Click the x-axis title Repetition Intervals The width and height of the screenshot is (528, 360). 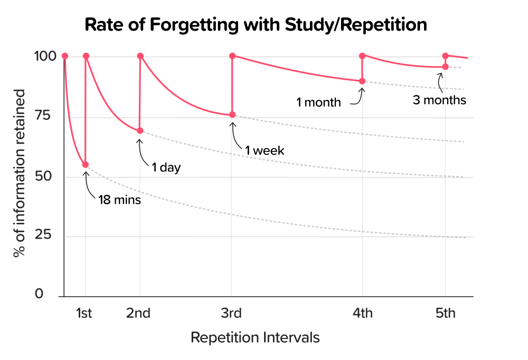(x=255, y=337)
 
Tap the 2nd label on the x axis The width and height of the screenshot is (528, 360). (x=138, y=314)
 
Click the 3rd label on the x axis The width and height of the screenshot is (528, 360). (x=231, y=314)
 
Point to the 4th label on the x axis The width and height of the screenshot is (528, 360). (x=362, y=314)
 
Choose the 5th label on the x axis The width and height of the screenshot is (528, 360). (x=445, y=314)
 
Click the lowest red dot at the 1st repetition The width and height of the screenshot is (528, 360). (x=86, y=165)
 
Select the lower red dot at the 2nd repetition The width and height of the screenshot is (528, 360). (x=140, y=131)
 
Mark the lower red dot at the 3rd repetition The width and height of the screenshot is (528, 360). (x=232, y=115)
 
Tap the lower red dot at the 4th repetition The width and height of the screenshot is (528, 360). (x=362, y=81)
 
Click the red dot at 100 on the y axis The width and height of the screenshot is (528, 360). (x=65, y=56)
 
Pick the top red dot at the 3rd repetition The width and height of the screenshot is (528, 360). (x=232, y=56)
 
